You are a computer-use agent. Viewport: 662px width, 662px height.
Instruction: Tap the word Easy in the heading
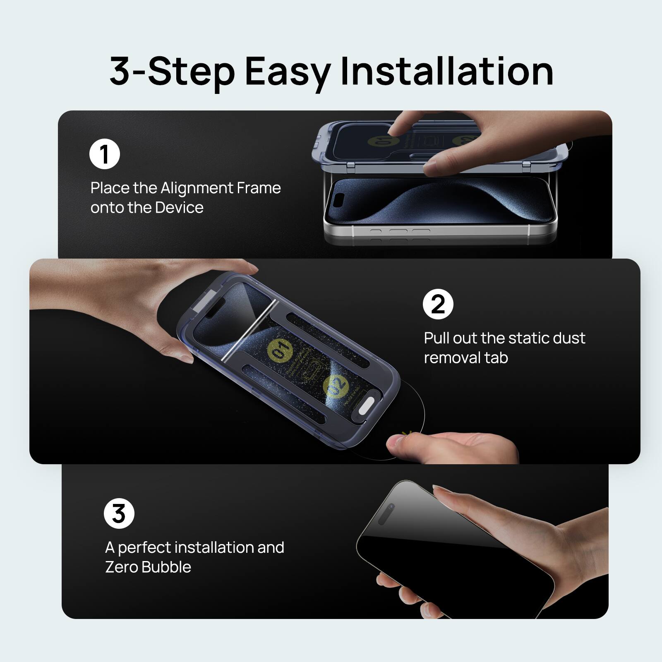click(x=287, y=71)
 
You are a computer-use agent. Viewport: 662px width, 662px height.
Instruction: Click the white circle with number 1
click(x=104, y=154)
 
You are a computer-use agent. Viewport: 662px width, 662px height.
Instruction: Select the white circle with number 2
click(x=438, y=304)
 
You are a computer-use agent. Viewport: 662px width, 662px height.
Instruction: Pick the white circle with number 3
click(x=119, y=513)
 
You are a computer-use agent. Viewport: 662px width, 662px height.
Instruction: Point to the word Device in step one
click(x=177, y=207)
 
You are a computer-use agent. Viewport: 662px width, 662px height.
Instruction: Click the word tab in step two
click(x=496, y=357)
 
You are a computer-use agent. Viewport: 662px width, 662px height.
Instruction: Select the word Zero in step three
click(x=121, y=567)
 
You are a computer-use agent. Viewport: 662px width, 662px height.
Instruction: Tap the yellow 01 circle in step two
click(x=280, y=350)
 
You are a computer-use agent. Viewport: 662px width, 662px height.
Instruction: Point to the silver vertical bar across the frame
click(x=247, y=331)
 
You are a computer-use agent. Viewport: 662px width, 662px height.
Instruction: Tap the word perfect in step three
click(x=144, y=548)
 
